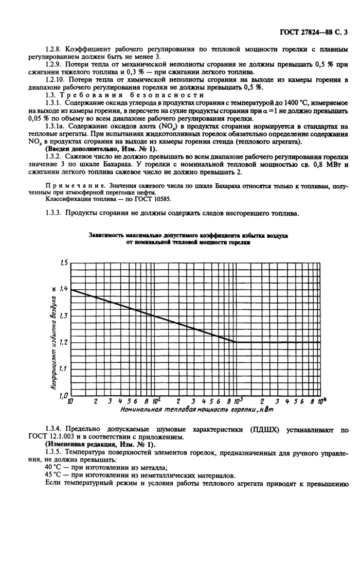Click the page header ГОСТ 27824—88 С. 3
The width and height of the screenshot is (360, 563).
313,33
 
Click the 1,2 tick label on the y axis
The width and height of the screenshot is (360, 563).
63,342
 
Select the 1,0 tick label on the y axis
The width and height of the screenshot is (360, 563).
63,395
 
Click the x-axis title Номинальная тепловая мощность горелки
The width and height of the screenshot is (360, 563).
190,410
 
